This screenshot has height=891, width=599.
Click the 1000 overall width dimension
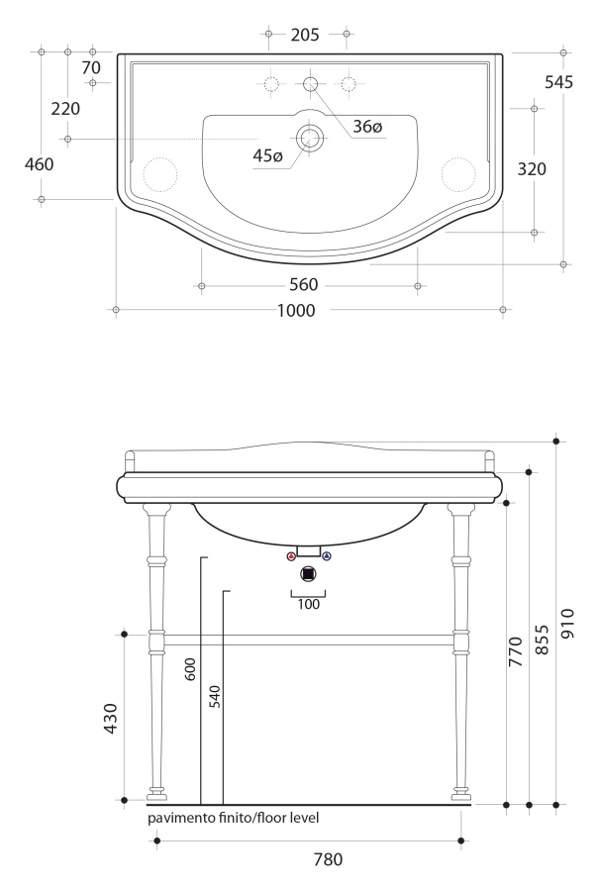point(296,310)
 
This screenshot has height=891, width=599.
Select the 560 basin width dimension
point(304,285)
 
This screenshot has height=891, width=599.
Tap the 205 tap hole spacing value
point(305,35)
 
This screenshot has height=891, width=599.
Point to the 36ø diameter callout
point(367,126)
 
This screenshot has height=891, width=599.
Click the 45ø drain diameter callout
point(267,155)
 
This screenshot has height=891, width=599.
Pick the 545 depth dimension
point(558,82)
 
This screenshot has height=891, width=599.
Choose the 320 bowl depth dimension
point(532,168)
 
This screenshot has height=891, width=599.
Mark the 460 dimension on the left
point(40,164)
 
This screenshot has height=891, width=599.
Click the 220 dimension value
point(65,109)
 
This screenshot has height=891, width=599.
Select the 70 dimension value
point(91,67)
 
